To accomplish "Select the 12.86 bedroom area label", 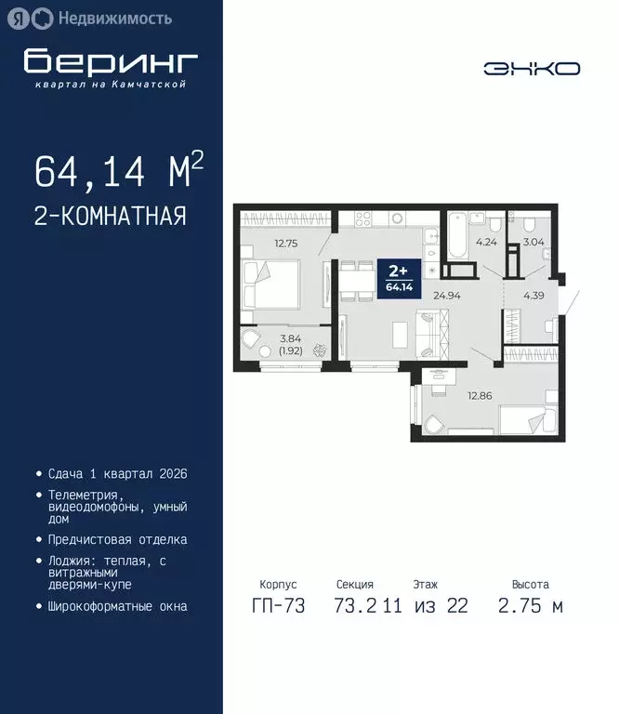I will tap(479, 395).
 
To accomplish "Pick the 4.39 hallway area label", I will tap(533, 296).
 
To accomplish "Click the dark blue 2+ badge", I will tap(398, 277).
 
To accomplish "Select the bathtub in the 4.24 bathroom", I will tap(457, 237).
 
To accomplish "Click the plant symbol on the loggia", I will tap(319, 351).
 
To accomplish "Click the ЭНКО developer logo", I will tap(532, 68).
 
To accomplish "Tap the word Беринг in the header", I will tap(111, 61).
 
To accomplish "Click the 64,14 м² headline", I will tap(118, 172).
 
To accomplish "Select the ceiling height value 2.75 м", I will tap(531, 607).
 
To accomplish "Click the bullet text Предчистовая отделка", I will tap(117, 539).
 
